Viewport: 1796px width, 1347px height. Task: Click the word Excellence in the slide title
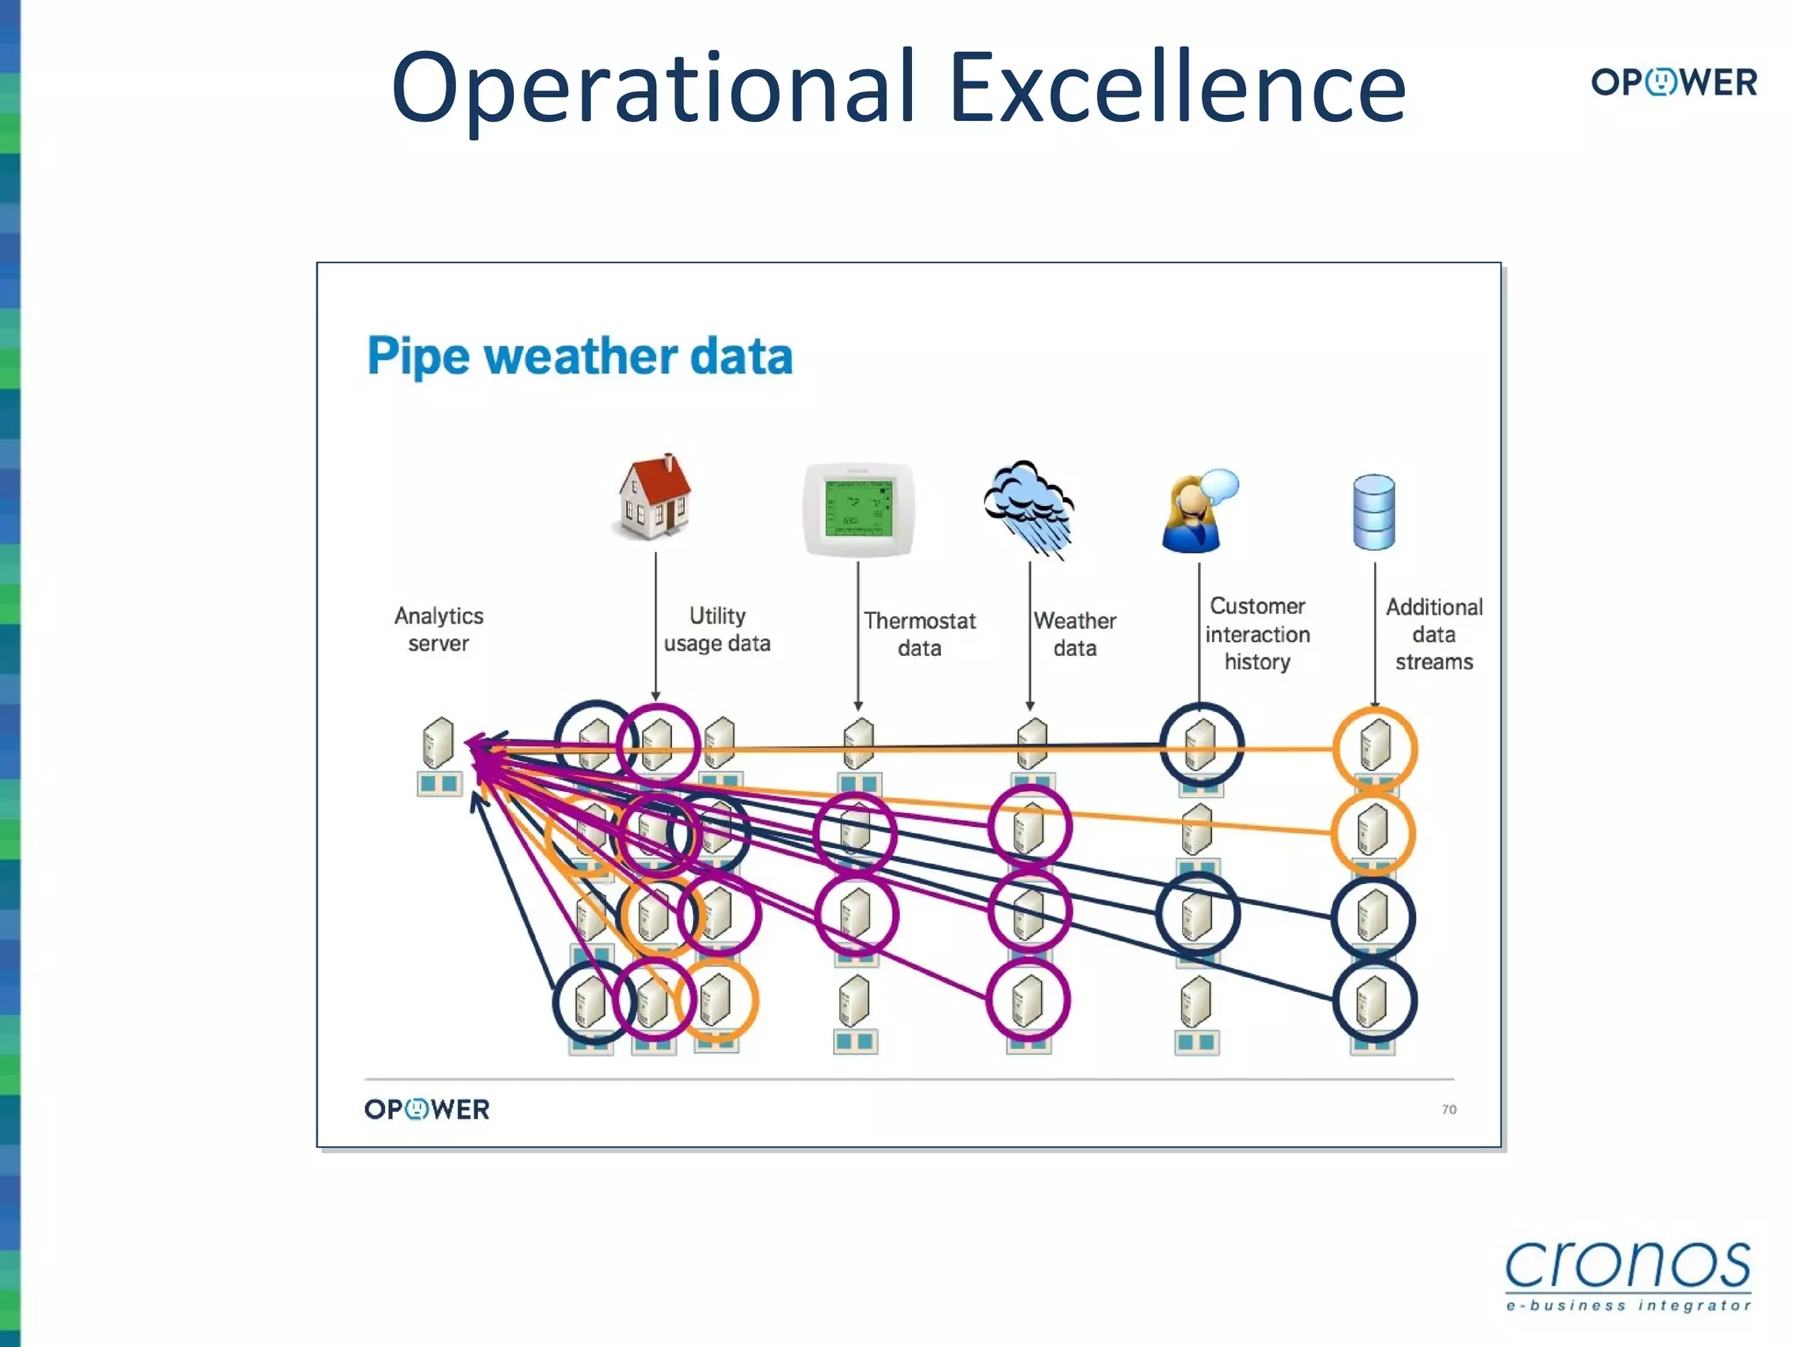point(1177,88)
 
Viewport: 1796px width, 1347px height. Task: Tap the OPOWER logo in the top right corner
point(1673,82)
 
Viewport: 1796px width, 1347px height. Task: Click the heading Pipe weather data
point(580,356)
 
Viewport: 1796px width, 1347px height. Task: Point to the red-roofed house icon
point(654,496)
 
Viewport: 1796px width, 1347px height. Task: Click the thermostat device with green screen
point(859,510)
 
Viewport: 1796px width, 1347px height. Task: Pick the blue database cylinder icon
point(1373,512)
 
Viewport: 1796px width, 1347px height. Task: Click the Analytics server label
point(438,629)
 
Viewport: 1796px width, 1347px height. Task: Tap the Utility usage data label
point(716,629)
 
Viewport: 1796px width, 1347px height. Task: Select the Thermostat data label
point(919,634)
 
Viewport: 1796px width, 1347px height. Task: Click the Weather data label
point(1074,634)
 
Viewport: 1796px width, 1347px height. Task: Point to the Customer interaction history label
point(1257,633)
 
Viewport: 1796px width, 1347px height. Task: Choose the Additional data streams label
point(1434,633)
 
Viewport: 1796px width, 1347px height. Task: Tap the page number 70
point(1449,1109)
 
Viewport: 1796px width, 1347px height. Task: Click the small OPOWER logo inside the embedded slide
point(427,1109)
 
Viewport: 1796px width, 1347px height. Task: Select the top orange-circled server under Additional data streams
point(1374,747)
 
